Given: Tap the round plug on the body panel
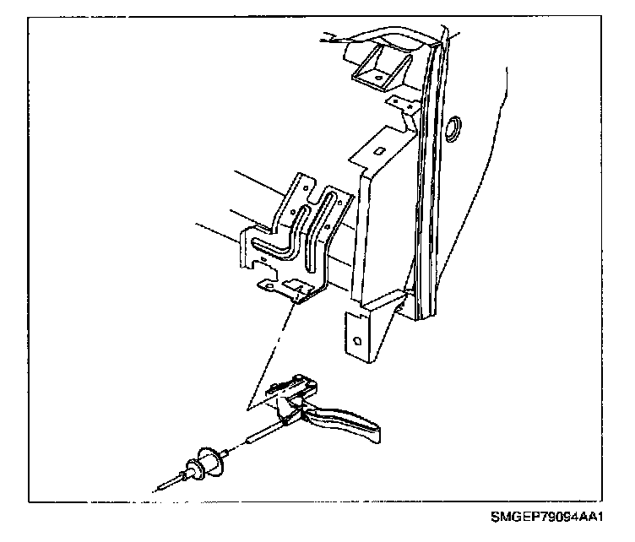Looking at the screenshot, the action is click(x=453, y=128).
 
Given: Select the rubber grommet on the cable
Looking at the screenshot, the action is click(x=209, y=462).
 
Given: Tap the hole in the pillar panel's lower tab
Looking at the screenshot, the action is click(x=356, y=341).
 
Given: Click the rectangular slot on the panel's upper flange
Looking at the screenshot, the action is click(x=379, y=151).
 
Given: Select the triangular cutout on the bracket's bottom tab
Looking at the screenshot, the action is click(x=295, y=288).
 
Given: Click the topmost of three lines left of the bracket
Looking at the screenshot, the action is click(x=262, y=186).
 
